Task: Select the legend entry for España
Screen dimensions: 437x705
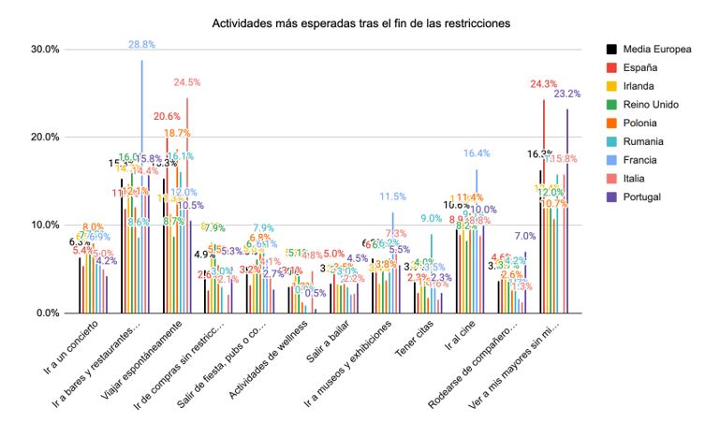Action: (x=641, y=67)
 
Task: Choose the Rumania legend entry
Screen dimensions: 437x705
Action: (x=645, y=141)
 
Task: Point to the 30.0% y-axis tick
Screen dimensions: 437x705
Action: (x=46, y=50)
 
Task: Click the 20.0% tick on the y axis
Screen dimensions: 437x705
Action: (x=46, y=138)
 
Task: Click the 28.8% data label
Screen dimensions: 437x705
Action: (x=141, y=45)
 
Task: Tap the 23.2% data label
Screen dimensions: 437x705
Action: (x=567, y=94)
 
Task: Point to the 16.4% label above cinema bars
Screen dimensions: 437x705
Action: (x=477, y=153)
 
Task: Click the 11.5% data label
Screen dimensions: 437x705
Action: (x=393, y=197)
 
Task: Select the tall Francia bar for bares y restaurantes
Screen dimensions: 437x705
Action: (x=141, y=187)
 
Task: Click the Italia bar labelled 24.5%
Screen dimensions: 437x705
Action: (x=187, y=206)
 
